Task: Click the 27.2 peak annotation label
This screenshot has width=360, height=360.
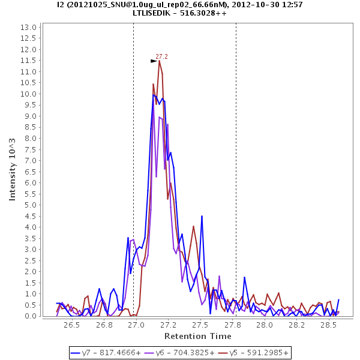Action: pos(161,56)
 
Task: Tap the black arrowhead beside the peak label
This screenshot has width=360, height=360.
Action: pos(154,61)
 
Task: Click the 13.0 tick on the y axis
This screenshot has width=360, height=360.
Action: pos(28,27)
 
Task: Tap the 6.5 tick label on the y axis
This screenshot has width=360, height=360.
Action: pos(29,172)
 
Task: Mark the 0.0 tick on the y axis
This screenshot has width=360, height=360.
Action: pos(29,316)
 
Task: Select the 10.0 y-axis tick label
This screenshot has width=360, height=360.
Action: pos(28,94)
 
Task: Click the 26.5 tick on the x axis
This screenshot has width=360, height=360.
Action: pos(71,325)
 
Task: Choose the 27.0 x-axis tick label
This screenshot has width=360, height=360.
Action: pos(136,325)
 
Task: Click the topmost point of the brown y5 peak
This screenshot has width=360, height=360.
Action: pos(159,60)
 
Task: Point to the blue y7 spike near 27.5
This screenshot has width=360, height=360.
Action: pos(202,216)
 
